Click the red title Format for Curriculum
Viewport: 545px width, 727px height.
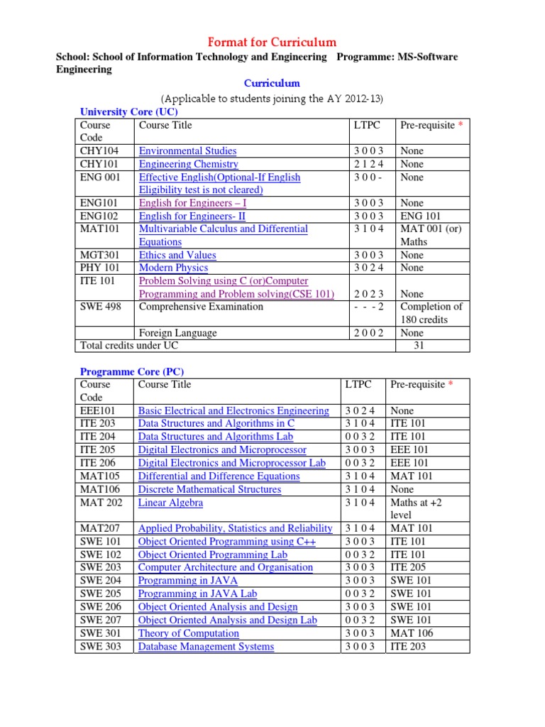pos(272,42)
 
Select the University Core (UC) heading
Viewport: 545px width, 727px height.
pos(128,111)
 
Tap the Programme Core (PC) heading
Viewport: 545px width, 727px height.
pos(132,371)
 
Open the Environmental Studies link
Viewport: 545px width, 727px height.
pos(187,151)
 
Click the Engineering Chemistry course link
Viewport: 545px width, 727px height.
pos(188,164)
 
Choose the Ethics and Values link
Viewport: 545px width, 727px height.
pos(177,255)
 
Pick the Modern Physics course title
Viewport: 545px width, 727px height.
pos(173,268)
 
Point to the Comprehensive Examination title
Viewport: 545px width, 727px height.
pos(201,307)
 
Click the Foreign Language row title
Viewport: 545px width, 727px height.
pos(177,333)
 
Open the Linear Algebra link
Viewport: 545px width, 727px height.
pos(170,503)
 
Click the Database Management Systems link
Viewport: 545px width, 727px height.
pos(206,646)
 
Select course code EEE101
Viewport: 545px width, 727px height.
pos(98,410)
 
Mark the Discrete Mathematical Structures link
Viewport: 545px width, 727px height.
pos(209,489)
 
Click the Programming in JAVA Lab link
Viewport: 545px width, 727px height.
pos(197,594)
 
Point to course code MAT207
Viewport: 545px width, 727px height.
pos(100,528)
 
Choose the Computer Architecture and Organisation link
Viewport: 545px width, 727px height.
pos(225,567)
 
